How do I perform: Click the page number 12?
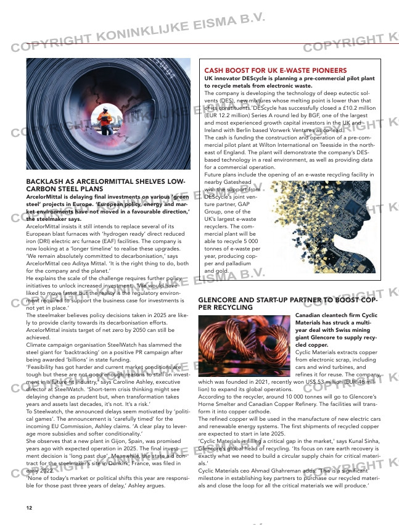pyautogui.click(x=29, y=508)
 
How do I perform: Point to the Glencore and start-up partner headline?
pyautogui.click(x=287, y=303)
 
